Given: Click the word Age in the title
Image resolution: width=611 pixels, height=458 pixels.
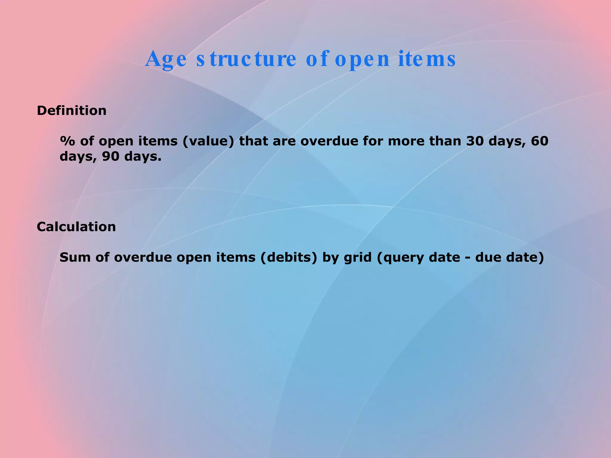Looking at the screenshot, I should pyautogui.click(x=166, y=59).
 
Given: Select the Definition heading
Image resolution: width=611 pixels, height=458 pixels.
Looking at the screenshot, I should pyautogui.click(x=72, y=111).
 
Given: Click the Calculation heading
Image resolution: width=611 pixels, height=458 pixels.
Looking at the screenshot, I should pyautogui.click(x=76, y=227).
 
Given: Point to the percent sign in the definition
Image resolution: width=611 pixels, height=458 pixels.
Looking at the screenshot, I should pyautogui.click(x=67, y=141).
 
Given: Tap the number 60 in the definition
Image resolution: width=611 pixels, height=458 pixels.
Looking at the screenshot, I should pyautogui.click(x=540, y=141).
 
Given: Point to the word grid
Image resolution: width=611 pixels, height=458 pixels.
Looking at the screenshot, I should pyautogui.click(x=358, y=258).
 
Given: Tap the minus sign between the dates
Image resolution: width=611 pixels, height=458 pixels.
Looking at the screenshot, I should pyautogui.click(x=467, y=258).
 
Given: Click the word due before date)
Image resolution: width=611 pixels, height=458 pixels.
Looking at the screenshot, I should pyautogui.click(x=488, y=257).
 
